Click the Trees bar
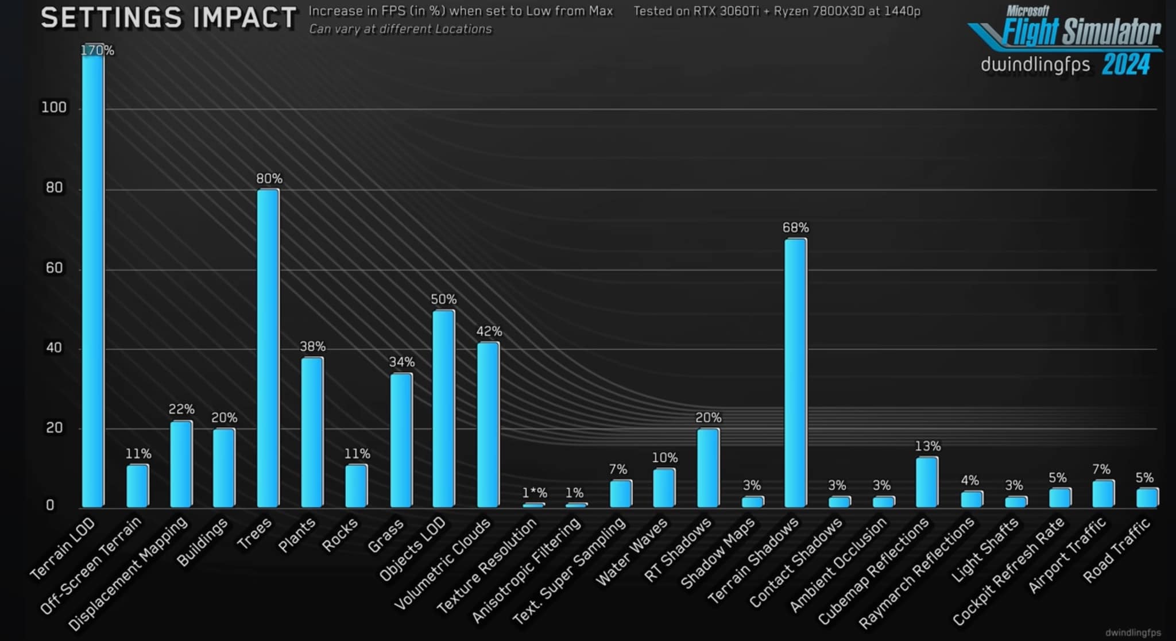[x=268, y=348]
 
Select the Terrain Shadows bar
[x=795, y=373]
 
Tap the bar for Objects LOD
[x=443, y=408]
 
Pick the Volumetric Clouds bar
[x=488, y=424]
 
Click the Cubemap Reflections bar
[x=927, y=482]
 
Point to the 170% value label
[x=97, y=51]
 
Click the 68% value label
[x=795, y=228]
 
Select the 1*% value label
[x=534, y=493]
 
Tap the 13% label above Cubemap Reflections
[x=927, y=446]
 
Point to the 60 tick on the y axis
[x=54, y=268]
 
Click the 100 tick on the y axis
[x=54, y=107]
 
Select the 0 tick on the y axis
[x=50, y=505]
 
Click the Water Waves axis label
[x=632, y=551]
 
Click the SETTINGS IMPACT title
[x=169, y=18]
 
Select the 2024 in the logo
[x=1126, y=64]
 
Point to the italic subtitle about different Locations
[x=400, y=29]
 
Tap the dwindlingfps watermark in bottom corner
[x=1133, y=632]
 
